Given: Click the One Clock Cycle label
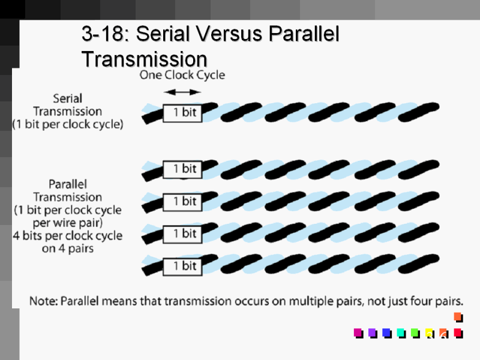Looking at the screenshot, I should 182,75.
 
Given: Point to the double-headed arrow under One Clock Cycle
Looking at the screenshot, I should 182,92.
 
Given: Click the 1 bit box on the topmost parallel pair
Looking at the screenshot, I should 182,169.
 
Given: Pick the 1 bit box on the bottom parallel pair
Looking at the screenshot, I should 182,265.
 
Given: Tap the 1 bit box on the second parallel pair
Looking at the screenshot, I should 182,201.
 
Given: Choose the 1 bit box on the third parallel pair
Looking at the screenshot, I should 182,233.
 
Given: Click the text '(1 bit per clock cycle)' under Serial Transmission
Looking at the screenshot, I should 68,125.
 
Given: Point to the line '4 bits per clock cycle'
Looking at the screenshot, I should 68,235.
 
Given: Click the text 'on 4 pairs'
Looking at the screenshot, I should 68,248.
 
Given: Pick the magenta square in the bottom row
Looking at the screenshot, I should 358,332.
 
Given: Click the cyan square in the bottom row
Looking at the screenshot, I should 400,332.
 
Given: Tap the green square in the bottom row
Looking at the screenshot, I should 415,332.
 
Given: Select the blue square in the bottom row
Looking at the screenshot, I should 386,332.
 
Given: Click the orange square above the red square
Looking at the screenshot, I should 458,317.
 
